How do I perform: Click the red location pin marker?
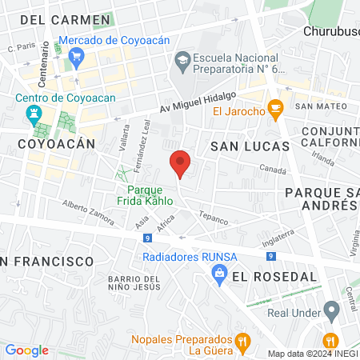[x=180, y=163]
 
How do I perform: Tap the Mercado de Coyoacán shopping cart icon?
[x=77, y=55]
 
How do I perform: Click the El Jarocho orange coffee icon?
[x=275, y=108]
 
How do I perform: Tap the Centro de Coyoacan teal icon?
[x=34, y=114]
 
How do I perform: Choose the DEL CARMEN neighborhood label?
[x=66, y=18]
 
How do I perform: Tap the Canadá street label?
[x=273, y=170]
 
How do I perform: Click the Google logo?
[x=26, y=350]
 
